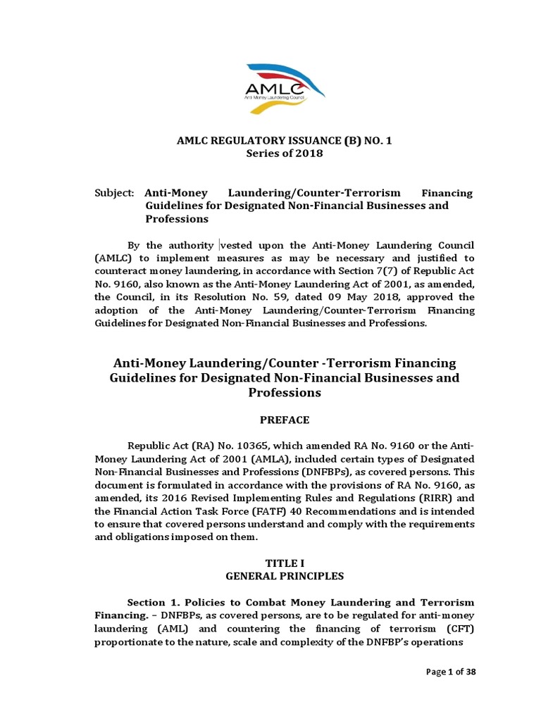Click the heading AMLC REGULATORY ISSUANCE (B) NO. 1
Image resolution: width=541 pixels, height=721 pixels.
pyautogui.click(x=284, y=141)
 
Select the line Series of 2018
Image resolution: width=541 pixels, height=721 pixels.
pyautogui.click(x=284, y=153)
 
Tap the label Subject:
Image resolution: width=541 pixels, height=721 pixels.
pyautogui.click(x=114, y=192)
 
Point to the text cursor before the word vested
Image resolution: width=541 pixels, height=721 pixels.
pyautogui.click(x=220, y=245)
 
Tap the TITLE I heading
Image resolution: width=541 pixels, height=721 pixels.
pyautogui.click(x=284, y=563)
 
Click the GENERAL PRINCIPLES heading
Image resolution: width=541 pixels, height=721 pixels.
pyautogui.click(x=284, y=576)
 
